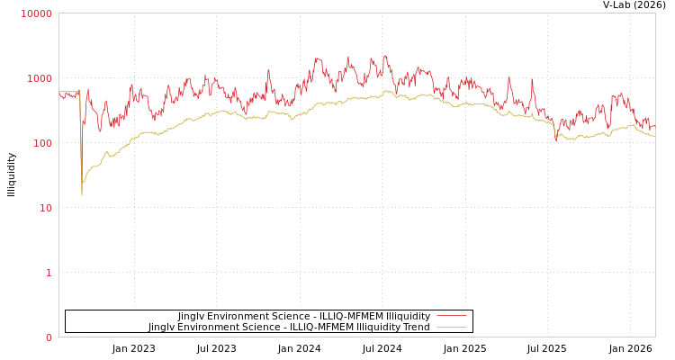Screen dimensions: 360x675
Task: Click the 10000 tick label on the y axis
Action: click(37, 13)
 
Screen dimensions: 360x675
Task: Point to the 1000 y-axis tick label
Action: click(40, 78)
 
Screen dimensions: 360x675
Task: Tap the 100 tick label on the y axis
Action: click(42, 143)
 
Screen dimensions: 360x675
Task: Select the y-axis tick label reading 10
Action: click(45, 208)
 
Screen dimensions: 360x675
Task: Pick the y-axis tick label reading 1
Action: click(49, 273)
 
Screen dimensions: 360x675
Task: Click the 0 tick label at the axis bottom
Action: click(49, 337)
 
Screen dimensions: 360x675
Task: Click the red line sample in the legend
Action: click(451, 316)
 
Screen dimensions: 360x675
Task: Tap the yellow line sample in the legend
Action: click(451, 327)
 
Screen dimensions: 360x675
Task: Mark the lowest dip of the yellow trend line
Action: click(82, 194)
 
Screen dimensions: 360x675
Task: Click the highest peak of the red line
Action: click(386, 56)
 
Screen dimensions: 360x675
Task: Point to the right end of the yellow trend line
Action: click(654, 136)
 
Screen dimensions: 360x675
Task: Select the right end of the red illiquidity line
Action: click(654, 127)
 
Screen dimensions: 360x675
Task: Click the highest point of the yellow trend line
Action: click(389, 90)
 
